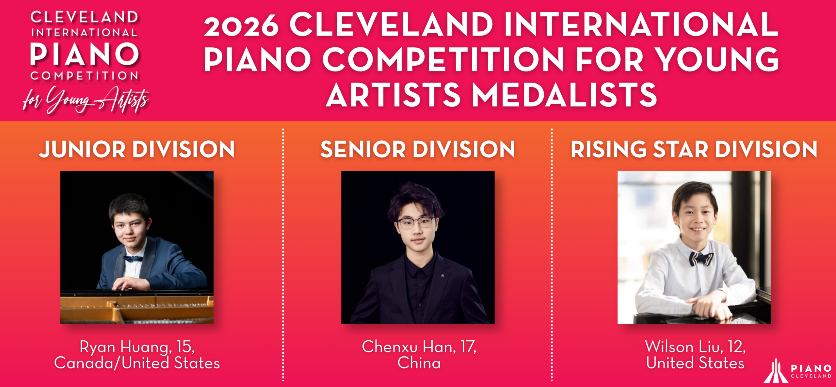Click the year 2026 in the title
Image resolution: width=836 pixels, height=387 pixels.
(x=241, y=26)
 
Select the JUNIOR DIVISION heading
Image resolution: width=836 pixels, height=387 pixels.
(x=137, y=150)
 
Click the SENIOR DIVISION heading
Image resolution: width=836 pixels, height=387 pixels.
(x=418, y=150)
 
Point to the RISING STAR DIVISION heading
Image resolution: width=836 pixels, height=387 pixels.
(x=694, y=150)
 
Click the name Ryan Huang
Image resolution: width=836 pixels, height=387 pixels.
(x=124, y=347)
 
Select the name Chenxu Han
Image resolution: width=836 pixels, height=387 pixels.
(x=409, y=347)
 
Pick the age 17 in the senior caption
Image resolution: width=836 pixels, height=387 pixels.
(x=468, y=347)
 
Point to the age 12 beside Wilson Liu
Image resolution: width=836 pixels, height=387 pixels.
(x=737, y=347)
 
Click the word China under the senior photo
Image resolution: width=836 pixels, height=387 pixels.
(x=419, y=363)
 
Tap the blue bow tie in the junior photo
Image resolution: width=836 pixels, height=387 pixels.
(x=133, y=259)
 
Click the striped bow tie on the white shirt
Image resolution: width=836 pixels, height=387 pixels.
(x=701, y=259)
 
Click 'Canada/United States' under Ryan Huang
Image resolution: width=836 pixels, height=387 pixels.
(x=137, y=363)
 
